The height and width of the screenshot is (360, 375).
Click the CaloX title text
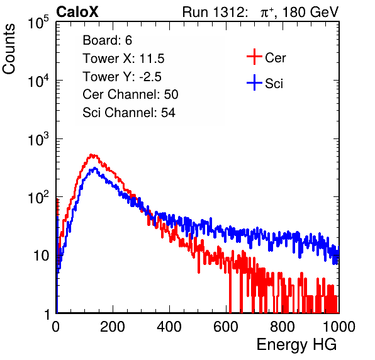click(x=77, y=12)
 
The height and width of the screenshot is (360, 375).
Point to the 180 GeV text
click(x=310, y=12)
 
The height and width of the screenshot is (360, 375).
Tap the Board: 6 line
click(x=107, y=40)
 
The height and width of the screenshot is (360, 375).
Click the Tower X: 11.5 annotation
click(x=123, y=59)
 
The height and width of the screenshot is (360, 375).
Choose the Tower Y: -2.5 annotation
click(x=122, y=77)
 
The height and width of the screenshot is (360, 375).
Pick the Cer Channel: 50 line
click(x=130, y=94)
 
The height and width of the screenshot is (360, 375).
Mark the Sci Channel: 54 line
click(x=129, y=113)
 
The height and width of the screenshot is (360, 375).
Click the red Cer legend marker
click(x=254, y=57)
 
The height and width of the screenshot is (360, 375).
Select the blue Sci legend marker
click(x=254, y=83)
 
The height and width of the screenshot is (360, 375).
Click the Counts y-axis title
click(x=9, y=49)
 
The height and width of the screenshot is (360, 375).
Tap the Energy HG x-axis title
click(x=296, y=345)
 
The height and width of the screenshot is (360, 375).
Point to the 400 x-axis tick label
click(x=169, y=327)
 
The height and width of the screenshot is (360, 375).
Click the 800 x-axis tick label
click(x=283, y=327)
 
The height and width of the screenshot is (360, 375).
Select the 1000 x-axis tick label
click(x=339, y=327)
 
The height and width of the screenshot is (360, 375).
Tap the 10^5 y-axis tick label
click(x=39, y=22)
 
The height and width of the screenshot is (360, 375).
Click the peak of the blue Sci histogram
click(x=95, y=168)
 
